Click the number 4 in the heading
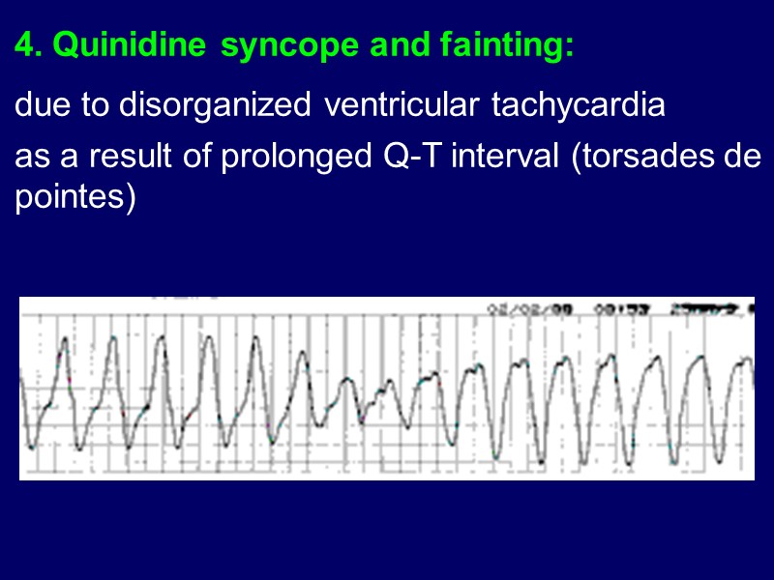pos(25,44)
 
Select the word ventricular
pos(402,104)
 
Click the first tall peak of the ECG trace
pos(65,339)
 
